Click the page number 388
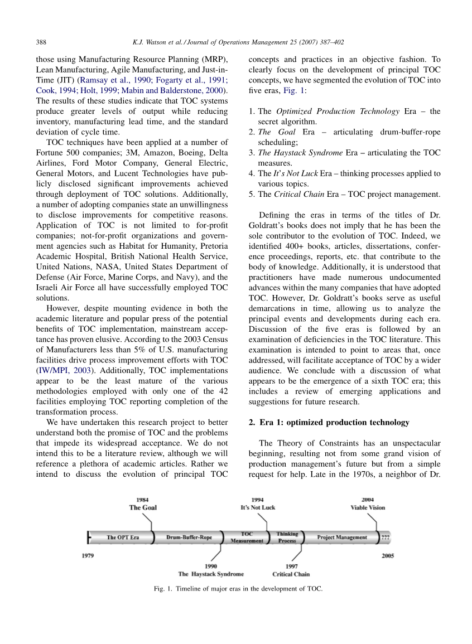click(x=41, y=42)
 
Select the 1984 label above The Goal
click(x=143, y=500)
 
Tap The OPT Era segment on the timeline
click(x=123, y=538)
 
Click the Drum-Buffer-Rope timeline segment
click(x=189, y=538)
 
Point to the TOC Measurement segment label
click(x=247, y=538)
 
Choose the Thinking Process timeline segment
click(x=287, y=538)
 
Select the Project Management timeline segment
click(x=342, y=538)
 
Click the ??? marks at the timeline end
click(x=386, y=538)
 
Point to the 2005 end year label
click(x=388, y=556)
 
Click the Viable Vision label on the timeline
click(x=368, y=507)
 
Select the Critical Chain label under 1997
click(x=291, y=574)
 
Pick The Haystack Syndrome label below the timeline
click(x=211, y=574)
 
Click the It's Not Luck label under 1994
click(x=258, y=507)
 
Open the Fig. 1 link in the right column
click(x=293, y=90)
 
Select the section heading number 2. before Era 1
click(x=252, y=422)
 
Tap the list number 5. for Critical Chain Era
click(x=252, y=195)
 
